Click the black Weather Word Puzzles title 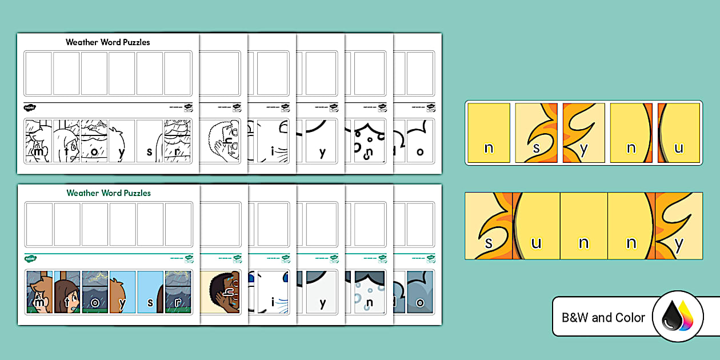point(107,42)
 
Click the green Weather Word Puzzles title point(109,193)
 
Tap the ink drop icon point(677,316)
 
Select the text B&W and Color point(603,317)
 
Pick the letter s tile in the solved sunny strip point(489,226)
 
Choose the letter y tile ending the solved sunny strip point(679,226)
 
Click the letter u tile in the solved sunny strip point(537,226)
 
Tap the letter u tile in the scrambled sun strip point(679,133)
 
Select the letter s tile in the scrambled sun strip point(537,133)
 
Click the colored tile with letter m point(39,292)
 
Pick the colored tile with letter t point(66,292)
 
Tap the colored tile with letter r point(178,292)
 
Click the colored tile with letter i point(272,292)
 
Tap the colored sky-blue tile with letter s point(150,292)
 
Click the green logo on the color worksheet point(30,259)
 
